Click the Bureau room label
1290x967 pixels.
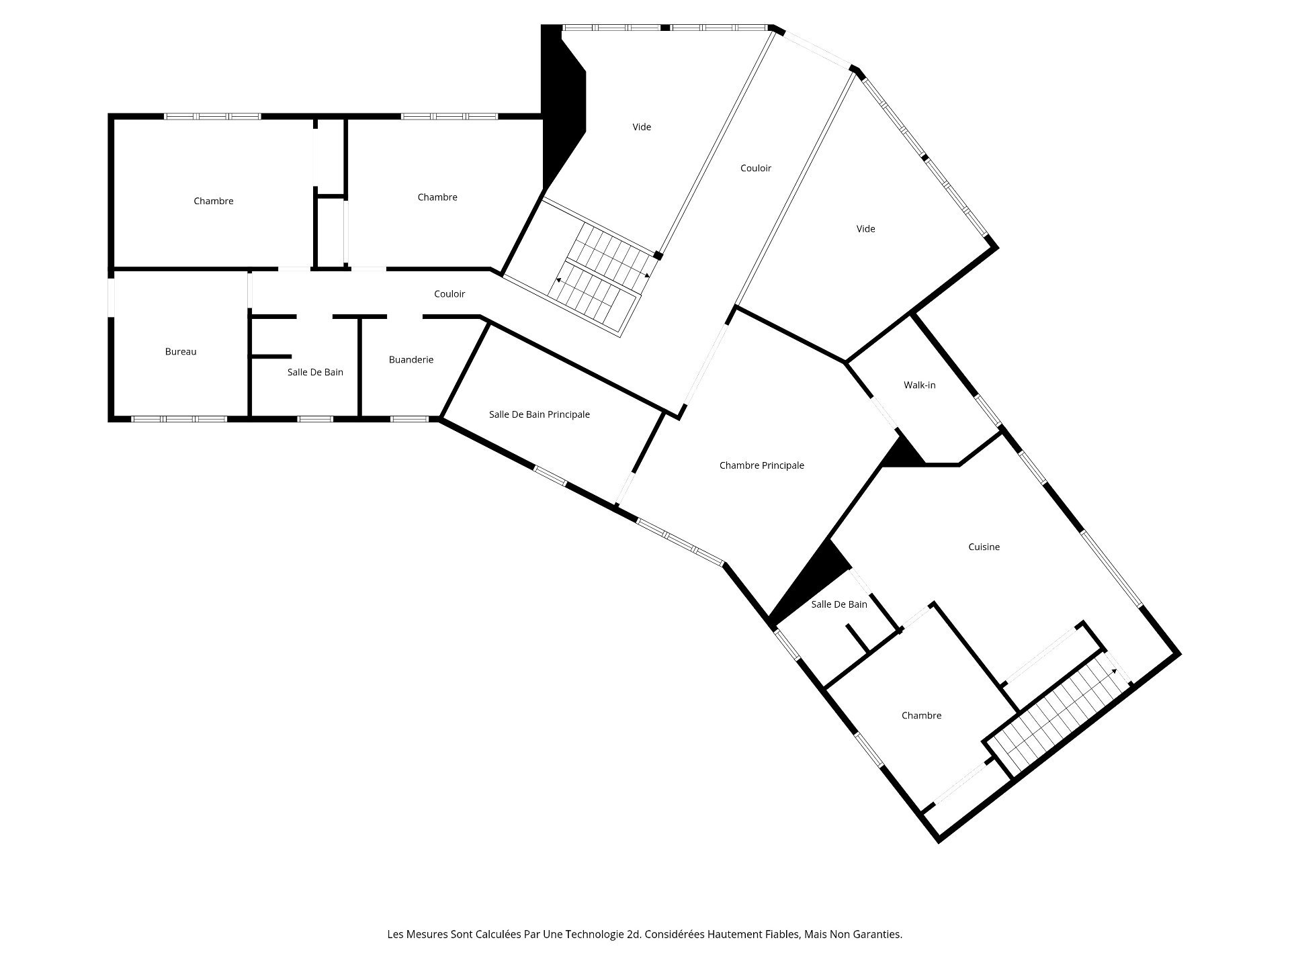pos(181,352)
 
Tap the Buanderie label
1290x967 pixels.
pos(411,360)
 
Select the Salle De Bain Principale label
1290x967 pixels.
pos(539,414)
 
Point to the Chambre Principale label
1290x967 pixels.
pos(761,465)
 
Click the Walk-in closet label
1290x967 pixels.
pos(919,385)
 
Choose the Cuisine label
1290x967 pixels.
pos(984,547)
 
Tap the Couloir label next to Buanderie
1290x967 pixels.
pos(449,294)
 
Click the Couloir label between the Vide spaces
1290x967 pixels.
pos(755,169)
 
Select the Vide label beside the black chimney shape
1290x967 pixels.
pos(642,127)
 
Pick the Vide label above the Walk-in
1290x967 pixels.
pos(865,229)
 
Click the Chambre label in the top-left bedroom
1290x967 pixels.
pos(213,201)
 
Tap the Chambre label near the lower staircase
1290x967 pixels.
pos(921,716)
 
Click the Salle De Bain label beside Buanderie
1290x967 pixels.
pos(315,373)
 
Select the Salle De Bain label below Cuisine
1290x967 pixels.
pos(838,604)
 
